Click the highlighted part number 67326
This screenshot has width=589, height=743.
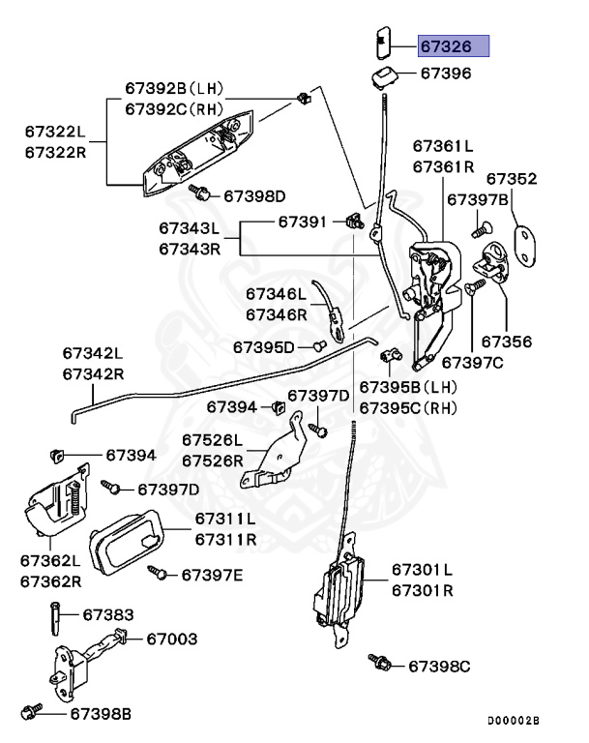[454, 46]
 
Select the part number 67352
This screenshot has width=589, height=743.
[511, 179]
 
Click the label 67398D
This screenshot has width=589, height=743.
[254, 195]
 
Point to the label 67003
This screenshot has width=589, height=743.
[172, 639]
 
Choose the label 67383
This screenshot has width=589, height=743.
[107, 614]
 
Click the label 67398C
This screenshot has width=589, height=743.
[438, 666]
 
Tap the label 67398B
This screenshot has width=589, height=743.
[100, 714]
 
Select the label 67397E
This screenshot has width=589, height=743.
[212, 576]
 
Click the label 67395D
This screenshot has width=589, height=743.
[263, 346]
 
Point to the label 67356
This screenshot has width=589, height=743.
[506, 342]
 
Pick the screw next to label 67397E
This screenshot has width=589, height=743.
[157, 573]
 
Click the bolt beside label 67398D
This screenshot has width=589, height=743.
[201, 193]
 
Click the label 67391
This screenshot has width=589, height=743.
[303, 222]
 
